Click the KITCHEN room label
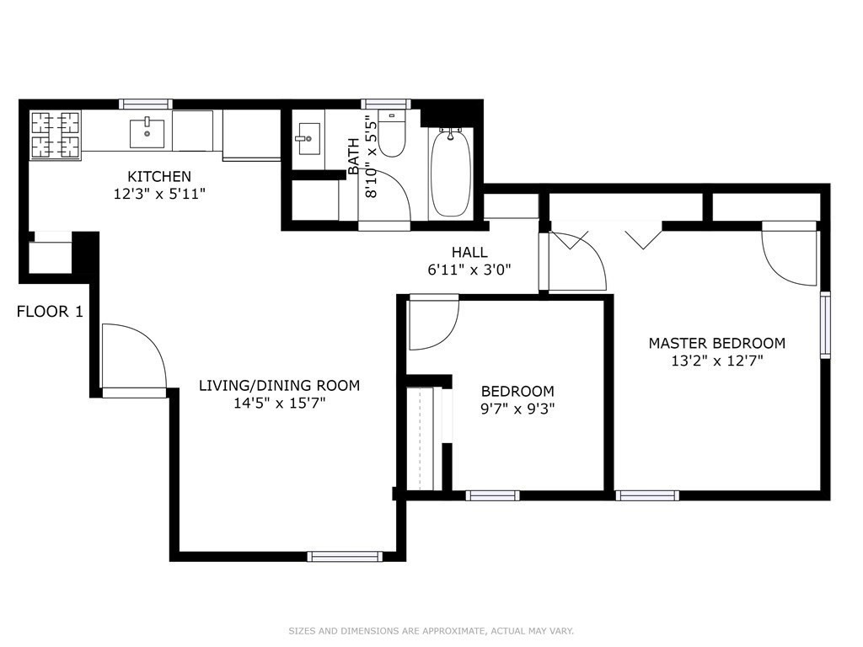[x=159, y=177]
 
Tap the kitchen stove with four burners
[x=56, y=135]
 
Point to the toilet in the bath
[x=391, y=133]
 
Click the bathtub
[x=452, y=173]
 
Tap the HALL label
[x=469, y=252]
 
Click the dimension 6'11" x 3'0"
[x=469, y=270]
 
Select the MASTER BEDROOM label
[x=716, y=343]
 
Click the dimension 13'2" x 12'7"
[x=716, y=361]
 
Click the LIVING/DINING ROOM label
[x=279, y=386]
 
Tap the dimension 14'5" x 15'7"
[x=279, y=404]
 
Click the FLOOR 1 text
[x=50, y=312]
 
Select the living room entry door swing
[x=131, y=358]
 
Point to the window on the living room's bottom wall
[x=345, y=556]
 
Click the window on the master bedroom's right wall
[x=825, y=324]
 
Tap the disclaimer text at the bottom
[x=431, y=631]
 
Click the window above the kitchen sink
[x=146, y=104]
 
